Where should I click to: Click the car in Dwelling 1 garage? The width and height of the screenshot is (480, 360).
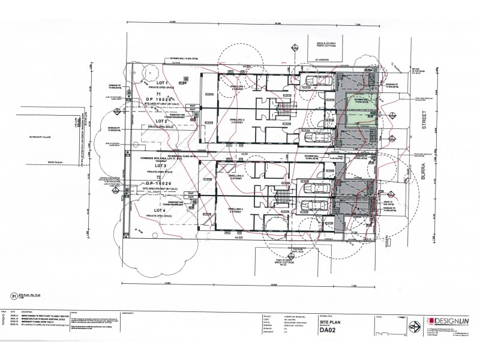(x=314, y=82)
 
